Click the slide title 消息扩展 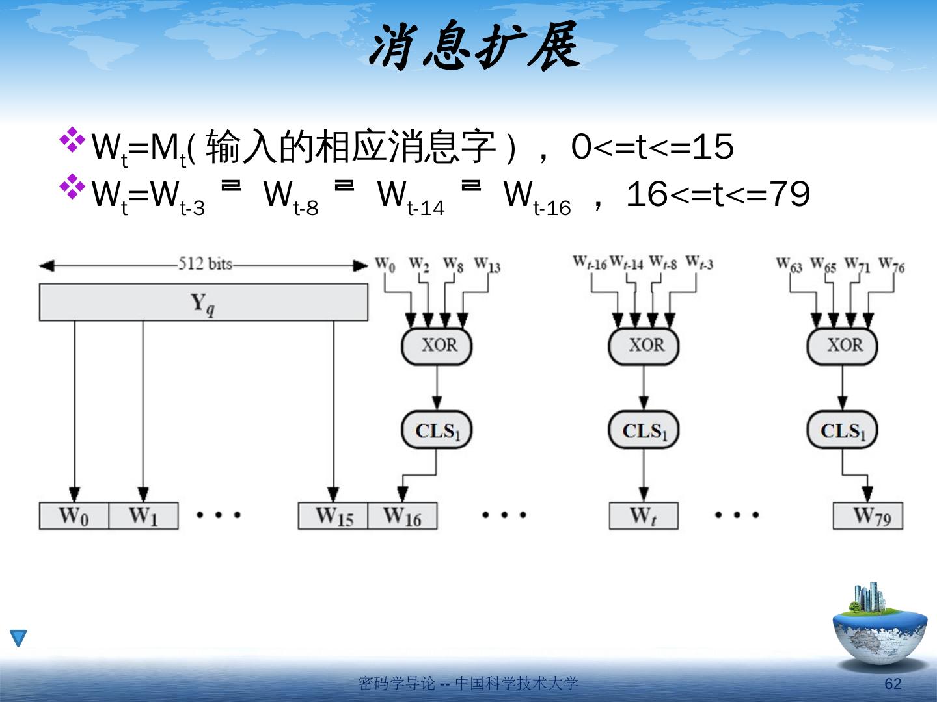[474, 47]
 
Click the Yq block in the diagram [203, 303]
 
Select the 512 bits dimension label [205, 264]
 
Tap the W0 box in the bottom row [74, 516]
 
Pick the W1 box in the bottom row [143, 516]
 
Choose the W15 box [333, 516]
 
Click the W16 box [402, 516]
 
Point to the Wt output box [643, 516]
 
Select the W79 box [868, 516]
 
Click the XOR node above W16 [437, 345]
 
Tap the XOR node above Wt [644, 345]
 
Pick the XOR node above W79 [842, 345]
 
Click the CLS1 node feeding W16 [437, 430]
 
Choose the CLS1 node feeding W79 [842, 430]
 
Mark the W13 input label [487, 265]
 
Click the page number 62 [893, 684]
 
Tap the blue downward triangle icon [19, 638]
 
